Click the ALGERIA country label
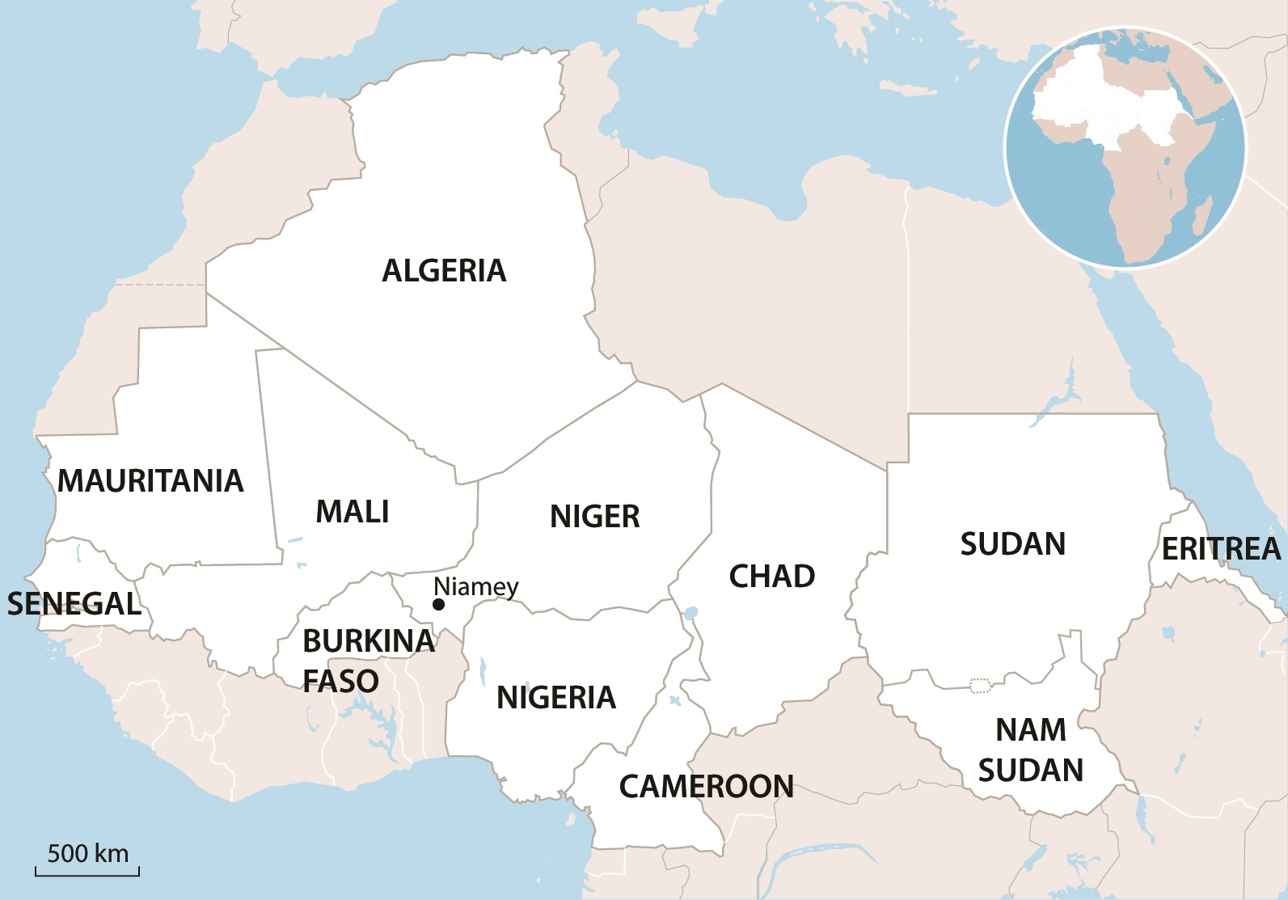click(444, 271)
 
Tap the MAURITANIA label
click(150, 481)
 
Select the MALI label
click(353, 512)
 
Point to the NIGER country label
click(595, 517)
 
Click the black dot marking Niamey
click(439, 605)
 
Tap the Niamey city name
click(476, 586)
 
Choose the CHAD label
click(772, 577)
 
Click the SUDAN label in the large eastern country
click(1013, 544)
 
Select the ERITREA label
click(1221, 549)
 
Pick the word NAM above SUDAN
click(1031, 730)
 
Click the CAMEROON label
click(707, 787)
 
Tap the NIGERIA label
click(556, 698)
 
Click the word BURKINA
click(369, 641)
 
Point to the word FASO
click(340, 682)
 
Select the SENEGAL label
click(74, 604)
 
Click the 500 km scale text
click(88, 854)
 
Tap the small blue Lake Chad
click(690, 613)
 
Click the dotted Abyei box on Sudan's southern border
click(981, 686)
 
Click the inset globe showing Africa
click(1125, 148)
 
